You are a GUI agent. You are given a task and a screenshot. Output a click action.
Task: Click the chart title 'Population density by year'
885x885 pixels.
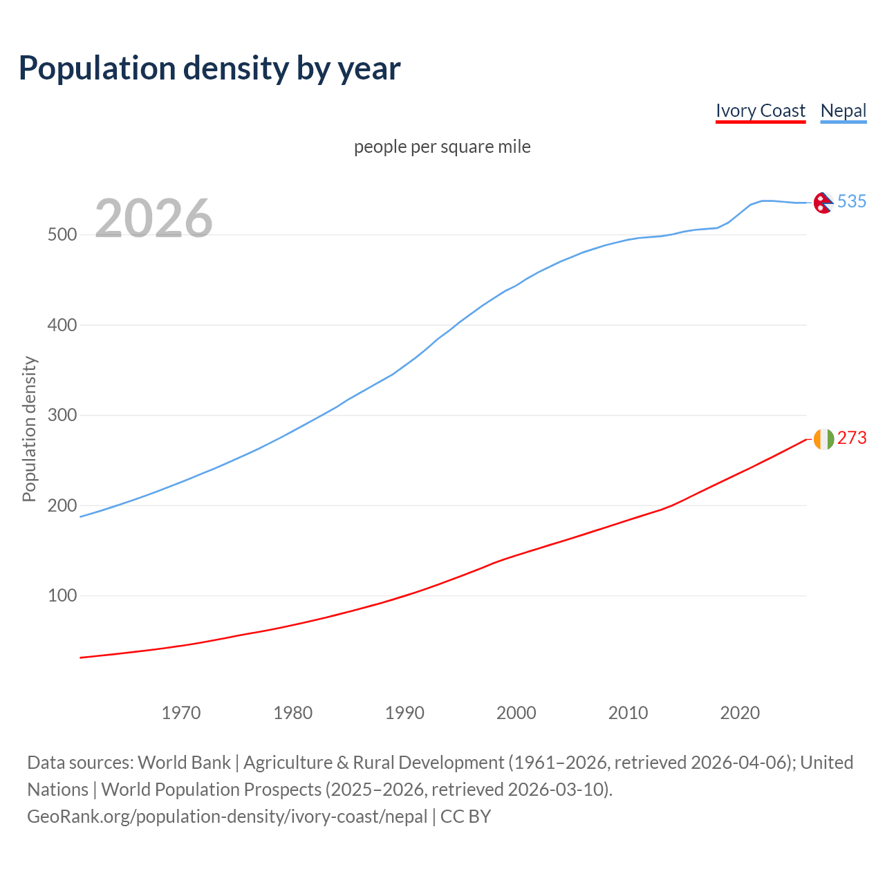click(209, 68)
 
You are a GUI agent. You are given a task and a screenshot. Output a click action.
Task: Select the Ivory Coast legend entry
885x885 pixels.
click(760, 111)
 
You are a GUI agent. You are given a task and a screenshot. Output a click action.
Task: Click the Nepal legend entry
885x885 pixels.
click(843, 111)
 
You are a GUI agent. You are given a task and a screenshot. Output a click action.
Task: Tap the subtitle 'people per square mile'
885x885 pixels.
click(442, 147)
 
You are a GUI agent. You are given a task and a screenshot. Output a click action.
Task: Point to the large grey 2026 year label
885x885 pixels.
click(153, 218)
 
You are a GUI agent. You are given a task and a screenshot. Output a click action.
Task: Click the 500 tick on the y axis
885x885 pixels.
click(62, 235)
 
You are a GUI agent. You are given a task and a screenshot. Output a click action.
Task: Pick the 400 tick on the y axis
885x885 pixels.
click(62, 325)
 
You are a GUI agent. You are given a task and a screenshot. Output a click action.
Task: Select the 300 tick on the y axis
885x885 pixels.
click(62, 416)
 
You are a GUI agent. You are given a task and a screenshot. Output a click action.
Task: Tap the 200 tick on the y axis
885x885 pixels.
click(62, 505)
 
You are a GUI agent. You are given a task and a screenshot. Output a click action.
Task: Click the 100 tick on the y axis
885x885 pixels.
click(62, 596)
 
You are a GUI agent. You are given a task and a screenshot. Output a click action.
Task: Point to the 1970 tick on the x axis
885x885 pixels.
click(181, 713)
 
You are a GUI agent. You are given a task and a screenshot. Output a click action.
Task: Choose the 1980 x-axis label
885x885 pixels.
click(293, 713)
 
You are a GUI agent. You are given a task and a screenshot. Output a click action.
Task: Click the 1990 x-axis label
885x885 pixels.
click(404, 713)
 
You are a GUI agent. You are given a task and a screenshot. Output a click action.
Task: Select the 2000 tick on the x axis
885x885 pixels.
click(516, 713)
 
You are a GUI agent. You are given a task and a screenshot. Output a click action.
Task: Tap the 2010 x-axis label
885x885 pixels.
click(628, 713)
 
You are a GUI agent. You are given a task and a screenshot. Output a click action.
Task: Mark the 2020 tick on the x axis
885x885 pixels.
click(740, 713)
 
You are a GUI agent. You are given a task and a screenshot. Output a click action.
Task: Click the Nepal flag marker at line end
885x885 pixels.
click(823, 203)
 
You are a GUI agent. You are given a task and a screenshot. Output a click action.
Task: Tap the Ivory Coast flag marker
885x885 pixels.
click(823, 439)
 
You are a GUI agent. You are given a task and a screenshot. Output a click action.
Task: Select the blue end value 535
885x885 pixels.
click(852, 201)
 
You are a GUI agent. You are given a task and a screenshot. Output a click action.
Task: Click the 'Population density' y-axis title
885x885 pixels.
click(29, 429)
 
